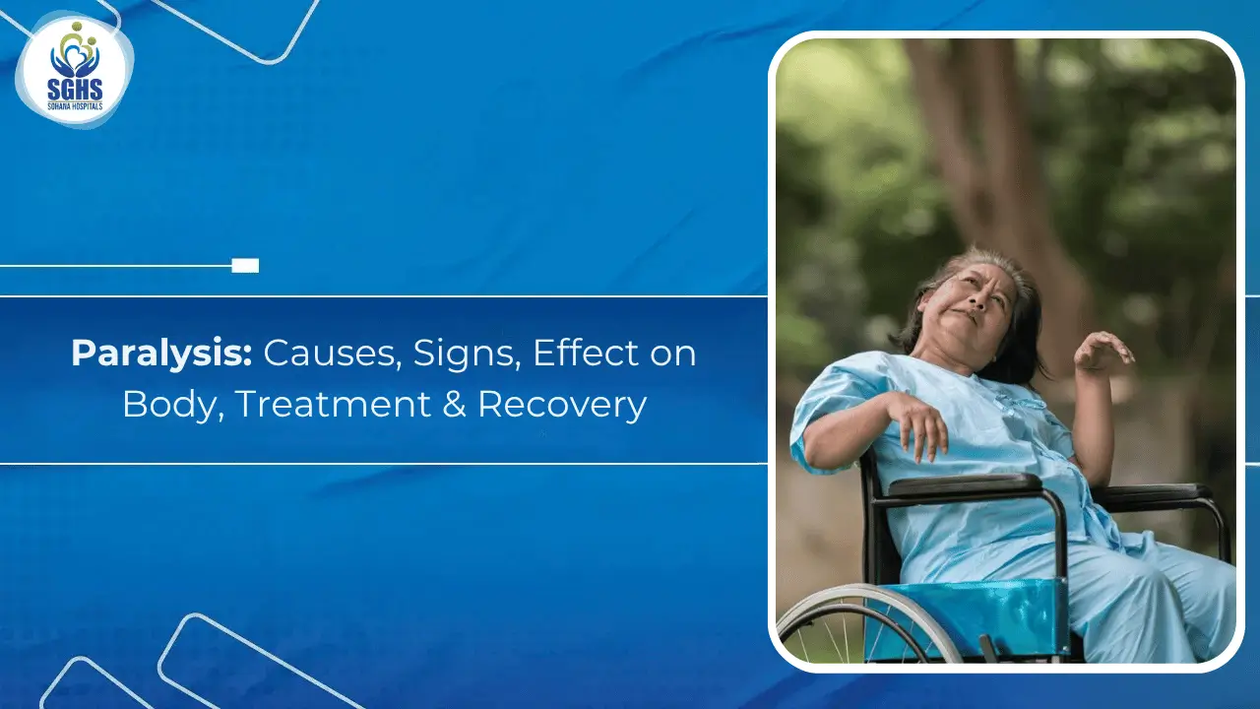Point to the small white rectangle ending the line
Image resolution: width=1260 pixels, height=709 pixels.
pyautogui.click(x=245, y=265)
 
